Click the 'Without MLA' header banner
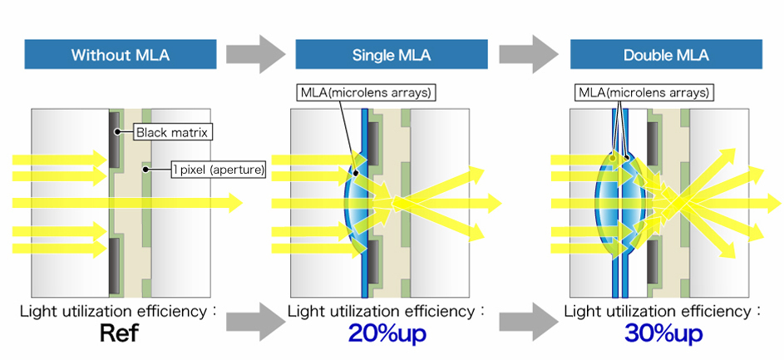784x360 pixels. pyautogui.click(x=121, y=56)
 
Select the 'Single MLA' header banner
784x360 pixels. pyautogui.click(x=391, y=56)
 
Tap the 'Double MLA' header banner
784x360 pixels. pyautogui.click(x=665, y=56)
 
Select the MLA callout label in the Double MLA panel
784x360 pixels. pyautogui.click(x=642, y=91)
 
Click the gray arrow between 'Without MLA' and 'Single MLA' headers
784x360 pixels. pyautogui.click(x=255, y=55)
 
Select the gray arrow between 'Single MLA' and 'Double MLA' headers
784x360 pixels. pyautogui.click(x=529, y=55)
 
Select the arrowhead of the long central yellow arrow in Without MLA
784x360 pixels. pyautogui.click(x=235, y=203)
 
